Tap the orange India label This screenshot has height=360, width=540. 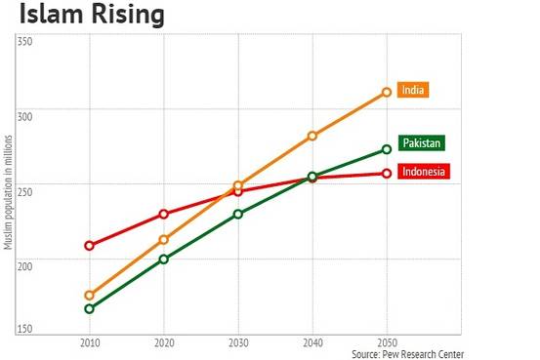414,90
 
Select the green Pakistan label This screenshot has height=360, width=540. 422,143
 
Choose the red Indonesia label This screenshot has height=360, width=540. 424,173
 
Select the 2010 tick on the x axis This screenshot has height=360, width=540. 89,344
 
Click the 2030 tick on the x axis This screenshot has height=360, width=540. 237,344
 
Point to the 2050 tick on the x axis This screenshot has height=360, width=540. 387,344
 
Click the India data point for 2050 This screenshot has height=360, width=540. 387,92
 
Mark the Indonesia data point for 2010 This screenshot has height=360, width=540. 89,245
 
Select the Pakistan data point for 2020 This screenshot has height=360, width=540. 163,260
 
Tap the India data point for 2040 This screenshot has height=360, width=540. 312,136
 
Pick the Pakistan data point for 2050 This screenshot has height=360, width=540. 387,149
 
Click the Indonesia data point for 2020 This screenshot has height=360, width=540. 163,214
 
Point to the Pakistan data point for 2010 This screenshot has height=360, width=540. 89,308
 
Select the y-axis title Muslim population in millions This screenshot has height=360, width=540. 8,185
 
